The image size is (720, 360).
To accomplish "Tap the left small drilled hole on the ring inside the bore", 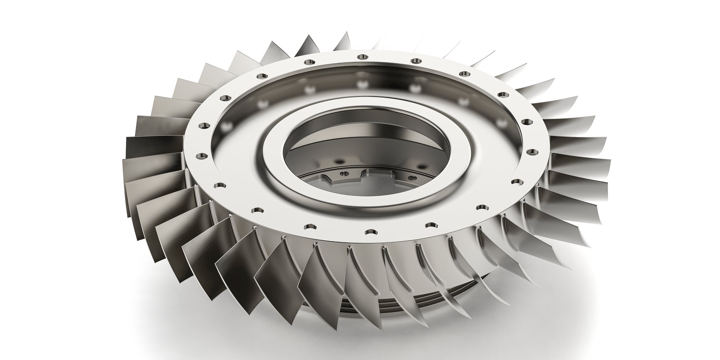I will click(345, 174).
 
